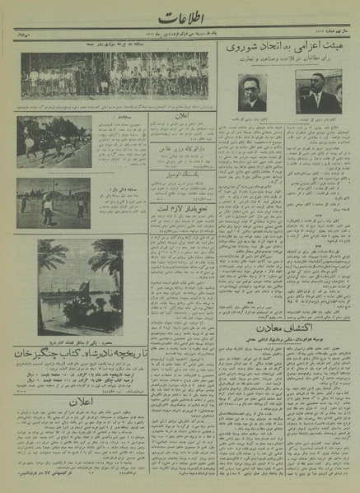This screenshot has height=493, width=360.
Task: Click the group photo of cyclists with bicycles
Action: coord(115,77)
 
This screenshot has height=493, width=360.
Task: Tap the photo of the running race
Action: coord(54,142)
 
